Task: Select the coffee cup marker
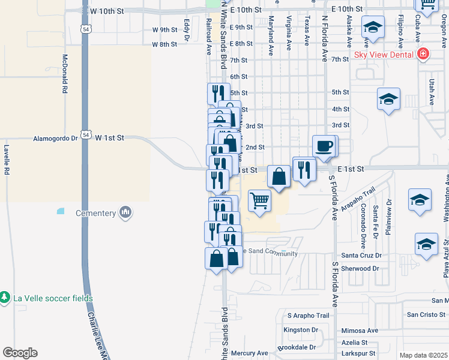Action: (x=324, y=146)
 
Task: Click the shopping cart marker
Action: (x=259, y=200)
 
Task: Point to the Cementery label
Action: (x=95, y=213)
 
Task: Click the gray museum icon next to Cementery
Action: (x=125, y=212)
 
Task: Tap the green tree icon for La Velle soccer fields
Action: (x=4, y=298)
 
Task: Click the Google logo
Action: (x=20, y=353)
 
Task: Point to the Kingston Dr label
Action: (x=301, y=330)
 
